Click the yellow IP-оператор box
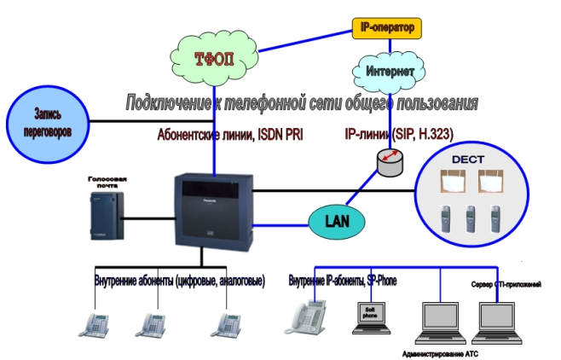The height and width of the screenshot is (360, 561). click(386, 28)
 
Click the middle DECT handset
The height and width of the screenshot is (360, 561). click(469, 220)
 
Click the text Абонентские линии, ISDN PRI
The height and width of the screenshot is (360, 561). click(229, 135)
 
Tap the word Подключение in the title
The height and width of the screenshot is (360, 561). click(167, 103)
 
